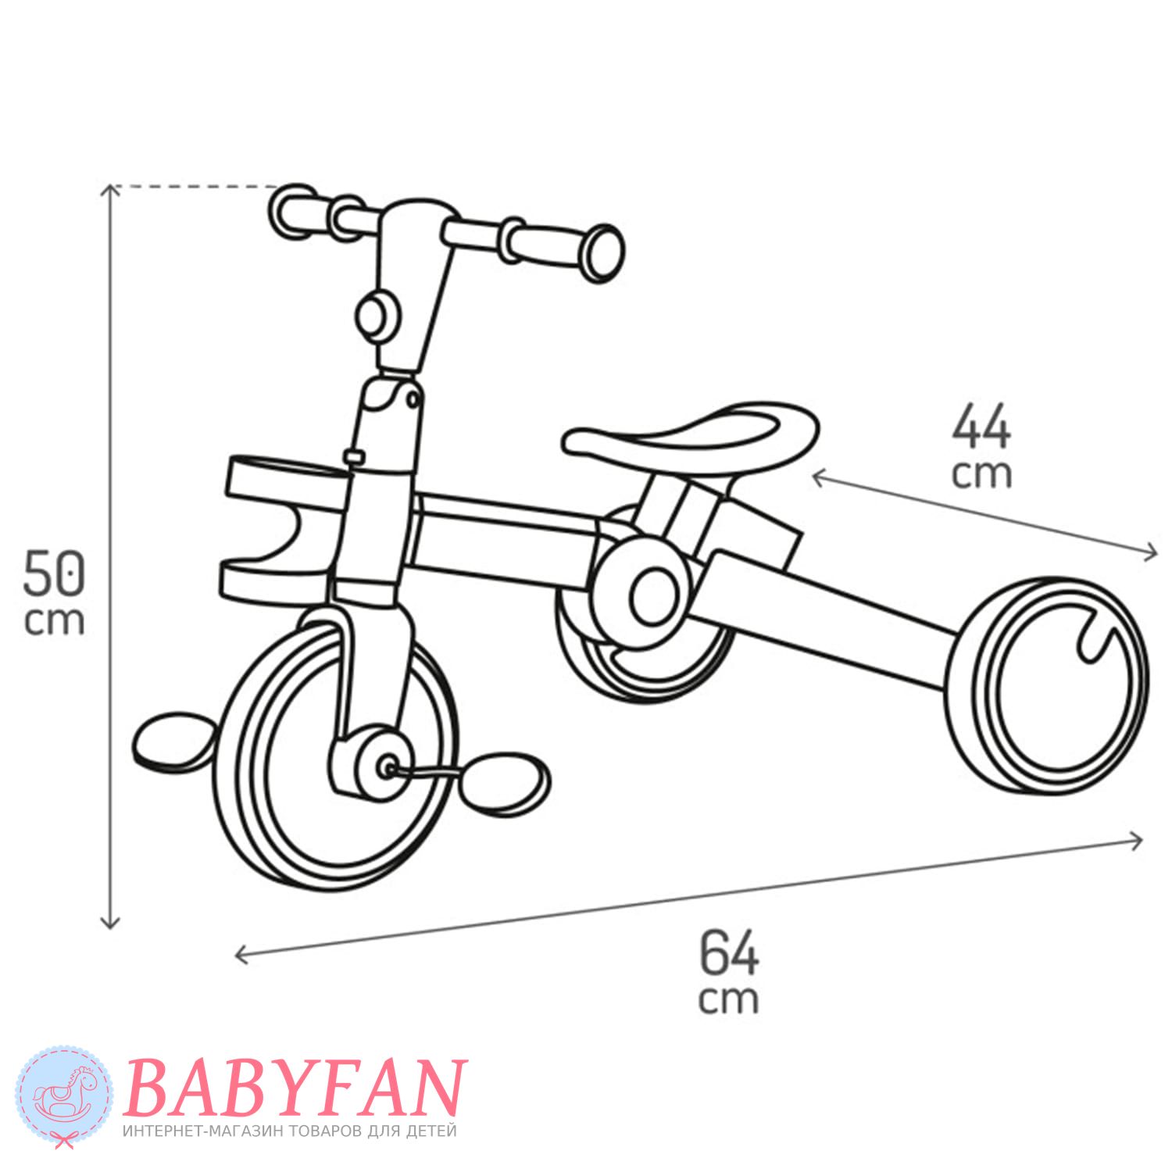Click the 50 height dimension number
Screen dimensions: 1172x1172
[53, 572]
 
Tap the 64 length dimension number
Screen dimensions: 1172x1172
[729, 951]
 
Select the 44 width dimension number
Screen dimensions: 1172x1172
[981, 427]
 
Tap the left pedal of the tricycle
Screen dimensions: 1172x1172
[174, 740]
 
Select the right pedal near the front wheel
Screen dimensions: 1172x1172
[504, 781]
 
